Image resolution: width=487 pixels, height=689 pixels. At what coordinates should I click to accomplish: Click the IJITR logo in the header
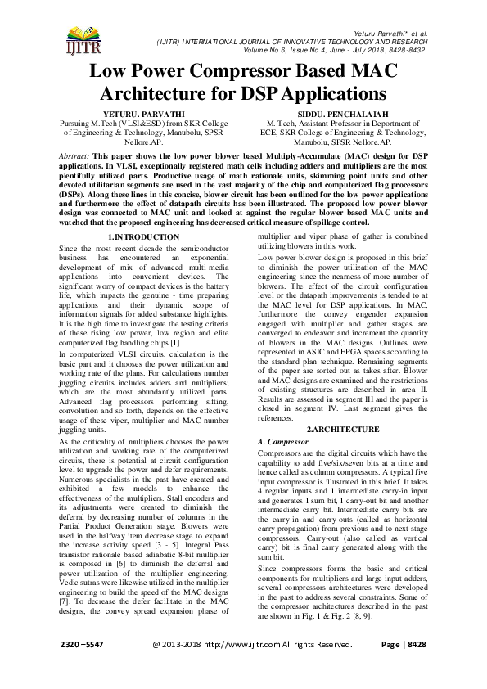(79, 38)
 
